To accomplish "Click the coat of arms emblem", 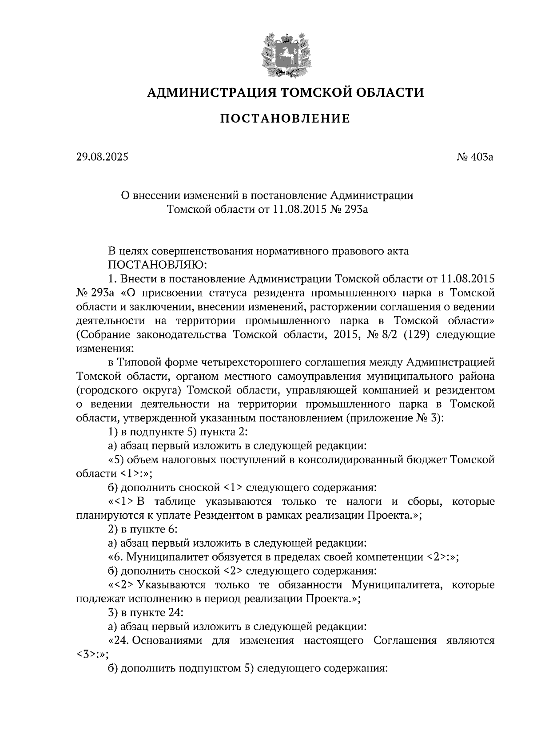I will point(285,54).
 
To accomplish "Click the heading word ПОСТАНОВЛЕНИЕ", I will point(285,119).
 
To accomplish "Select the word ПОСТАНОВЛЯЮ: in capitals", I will point(158,265).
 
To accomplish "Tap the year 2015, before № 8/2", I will point(345,334).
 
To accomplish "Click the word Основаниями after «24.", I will point(168,640).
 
